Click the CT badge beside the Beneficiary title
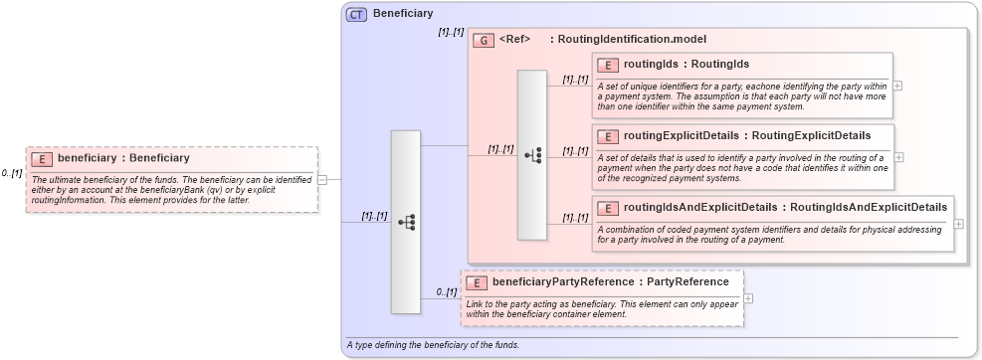(x=356, y=14)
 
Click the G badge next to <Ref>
(x=484, y=41)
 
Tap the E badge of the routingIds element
(x=608, y=65)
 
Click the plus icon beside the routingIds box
(x=897, y=86)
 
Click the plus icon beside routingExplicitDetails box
(x=897, y=157)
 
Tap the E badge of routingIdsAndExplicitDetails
(x=608, y=208)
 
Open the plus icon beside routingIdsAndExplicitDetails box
(x=958, y=224)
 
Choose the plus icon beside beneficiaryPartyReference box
(x=748, y=297)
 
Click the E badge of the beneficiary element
(x=43, y=158)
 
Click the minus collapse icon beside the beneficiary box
(x=322, y=179)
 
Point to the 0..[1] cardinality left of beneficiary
(x=12, y=174)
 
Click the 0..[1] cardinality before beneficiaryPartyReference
(x=446, y=292)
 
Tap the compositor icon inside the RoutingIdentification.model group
(x=532, y=155)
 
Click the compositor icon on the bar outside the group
(x=406, y=223)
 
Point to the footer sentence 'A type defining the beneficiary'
(x=432, y=345)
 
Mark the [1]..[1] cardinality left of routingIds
(x=574, y=80)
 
